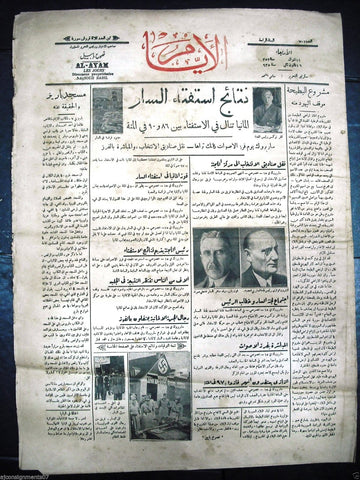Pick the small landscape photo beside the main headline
102,105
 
